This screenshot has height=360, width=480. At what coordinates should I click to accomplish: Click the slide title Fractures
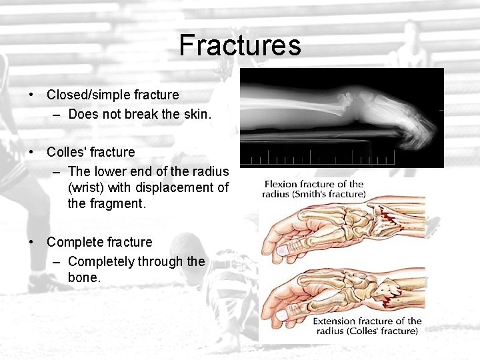(240, 46)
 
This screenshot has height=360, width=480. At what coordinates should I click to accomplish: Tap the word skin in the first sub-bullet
(197, 114)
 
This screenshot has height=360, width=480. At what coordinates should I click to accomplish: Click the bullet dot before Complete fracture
(32, 242)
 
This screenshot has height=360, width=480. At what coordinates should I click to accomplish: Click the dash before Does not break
(57, 114)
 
